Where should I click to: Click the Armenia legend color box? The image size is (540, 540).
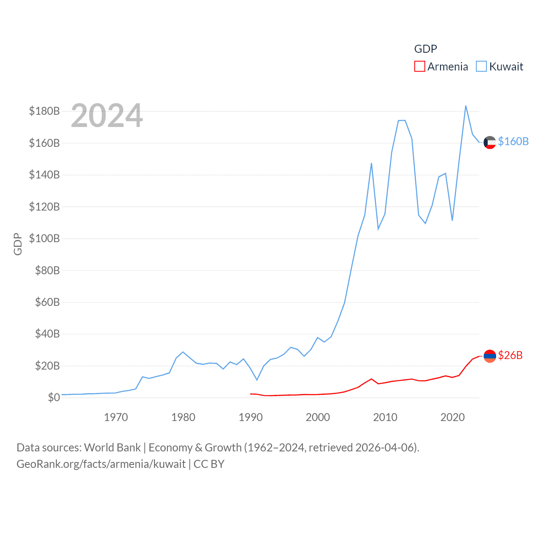(419, 67)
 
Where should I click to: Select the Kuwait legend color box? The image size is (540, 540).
(481, 67)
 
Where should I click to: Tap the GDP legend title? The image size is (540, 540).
(425, 49)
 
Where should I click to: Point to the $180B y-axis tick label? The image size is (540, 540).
(44, 111)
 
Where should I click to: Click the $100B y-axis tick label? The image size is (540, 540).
(44, 238)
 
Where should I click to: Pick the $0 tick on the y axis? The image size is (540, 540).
(54, 397)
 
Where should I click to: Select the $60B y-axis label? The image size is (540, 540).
(47, 302)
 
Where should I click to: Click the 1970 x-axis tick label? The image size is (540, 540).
(116, 417)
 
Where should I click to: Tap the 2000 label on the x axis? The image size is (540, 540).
(318, 417)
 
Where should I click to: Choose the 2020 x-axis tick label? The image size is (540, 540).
(452, 417)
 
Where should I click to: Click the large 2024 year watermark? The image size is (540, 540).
(107, 116)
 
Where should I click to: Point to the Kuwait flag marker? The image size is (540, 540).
(490, 143)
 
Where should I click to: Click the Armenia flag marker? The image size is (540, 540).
(490, 356)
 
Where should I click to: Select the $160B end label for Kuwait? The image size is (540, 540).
(513, 141)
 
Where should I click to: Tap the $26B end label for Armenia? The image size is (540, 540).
(510, 355)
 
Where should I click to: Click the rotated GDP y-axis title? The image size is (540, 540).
(18, 244)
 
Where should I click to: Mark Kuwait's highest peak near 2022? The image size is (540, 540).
(466, 106)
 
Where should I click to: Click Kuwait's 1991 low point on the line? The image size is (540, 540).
(257, 380)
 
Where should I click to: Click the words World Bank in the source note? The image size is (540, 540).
(112, 447)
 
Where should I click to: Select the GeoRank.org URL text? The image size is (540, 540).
(101, 464)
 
